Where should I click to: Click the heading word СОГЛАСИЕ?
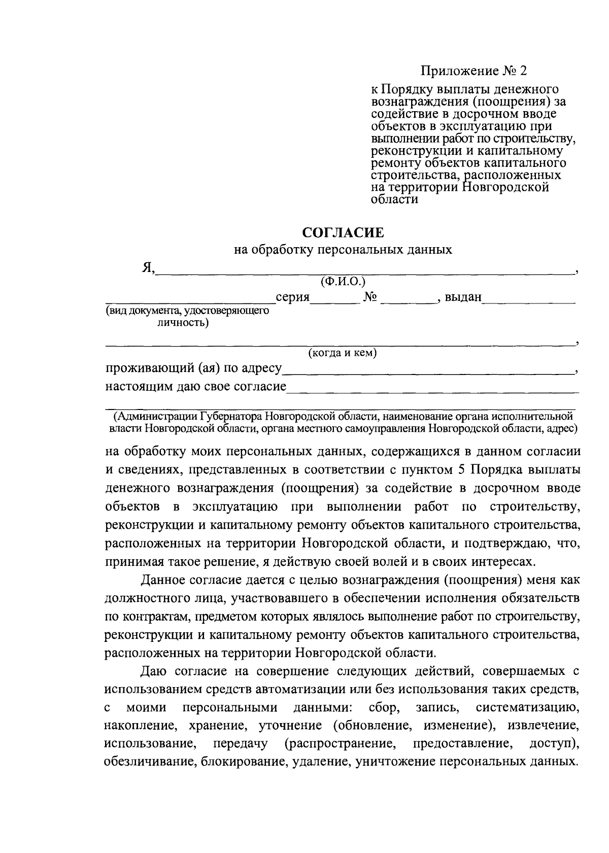[343, 233]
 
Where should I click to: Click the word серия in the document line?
[292, 297]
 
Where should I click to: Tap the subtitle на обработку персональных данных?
[343, 250]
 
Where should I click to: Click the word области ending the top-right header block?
[394, 199]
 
